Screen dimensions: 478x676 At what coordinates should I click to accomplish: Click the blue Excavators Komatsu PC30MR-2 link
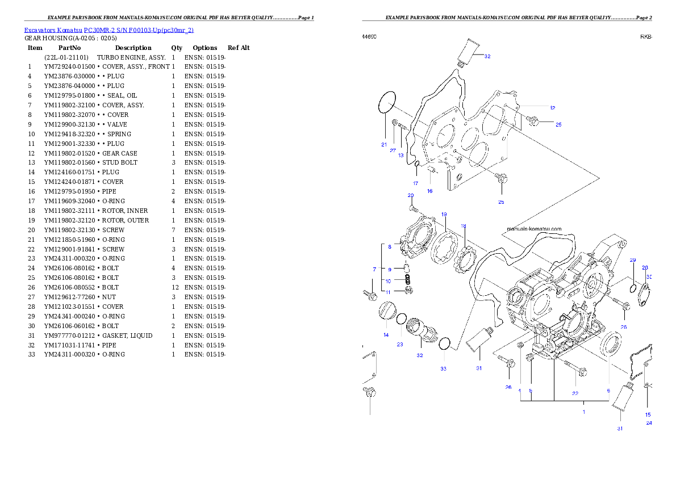tap(109, 30)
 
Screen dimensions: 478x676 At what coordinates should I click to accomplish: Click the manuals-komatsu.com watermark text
tap(533, 229)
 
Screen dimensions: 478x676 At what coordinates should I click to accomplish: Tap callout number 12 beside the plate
tap(552, 108)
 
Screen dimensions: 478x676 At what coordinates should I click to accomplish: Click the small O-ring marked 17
tap(416, 165)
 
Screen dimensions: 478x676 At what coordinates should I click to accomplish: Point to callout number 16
tap(429, 191)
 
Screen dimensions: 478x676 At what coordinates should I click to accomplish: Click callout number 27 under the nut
tap(393, 150)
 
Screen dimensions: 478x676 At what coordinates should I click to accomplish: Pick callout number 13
tap(401, 155)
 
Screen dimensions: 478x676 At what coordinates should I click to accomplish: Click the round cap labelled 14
tap(386, 311)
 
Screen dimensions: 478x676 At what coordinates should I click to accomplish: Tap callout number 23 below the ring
tap(400, 345)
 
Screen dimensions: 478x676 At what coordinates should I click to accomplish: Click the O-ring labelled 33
tap(445, 344)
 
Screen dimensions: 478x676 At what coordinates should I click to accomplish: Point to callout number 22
tap(575, 393)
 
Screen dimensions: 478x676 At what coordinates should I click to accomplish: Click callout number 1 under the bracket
tap(583, 412)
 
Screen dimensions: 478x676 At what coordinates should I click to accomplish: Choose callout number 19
tap(444, 215)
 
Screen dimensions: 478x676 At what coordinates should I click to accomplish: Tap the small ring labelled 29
tap(633, 291)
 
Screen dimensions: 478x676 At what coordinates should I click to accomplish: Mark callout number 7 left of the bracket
tap(374, 269)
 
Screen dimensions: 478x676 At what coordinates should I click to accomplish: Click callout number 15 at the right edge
tap(648, 414)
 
